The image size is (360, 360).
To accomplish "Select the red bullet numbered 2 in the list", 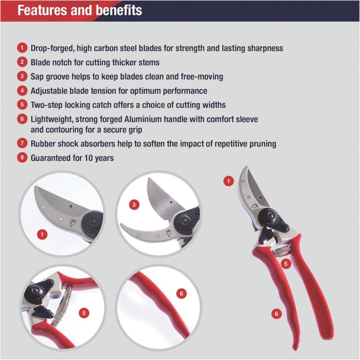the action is coord(22,62).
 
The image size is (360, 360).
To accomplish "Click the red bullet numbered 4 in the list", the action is coord(22,90).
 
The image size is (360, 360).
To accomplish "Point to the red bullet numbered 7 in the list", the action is coord(22,143).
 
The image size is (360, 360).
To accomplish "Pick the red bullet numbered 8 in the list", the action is coord(22,158).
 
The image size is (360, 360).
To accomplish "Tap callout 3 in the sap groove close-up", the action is coord(134,204).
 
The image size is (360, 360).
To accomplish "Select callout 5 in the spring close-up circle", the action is coord(84,313).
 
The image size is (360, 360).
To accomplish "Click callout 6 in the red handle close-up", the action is coord(181,293).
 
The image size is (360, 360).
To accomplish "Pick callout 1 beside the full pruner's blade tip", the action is coord(229,181).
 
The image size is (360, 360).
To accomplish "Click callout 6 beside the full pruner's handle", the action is coord(276,314).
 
